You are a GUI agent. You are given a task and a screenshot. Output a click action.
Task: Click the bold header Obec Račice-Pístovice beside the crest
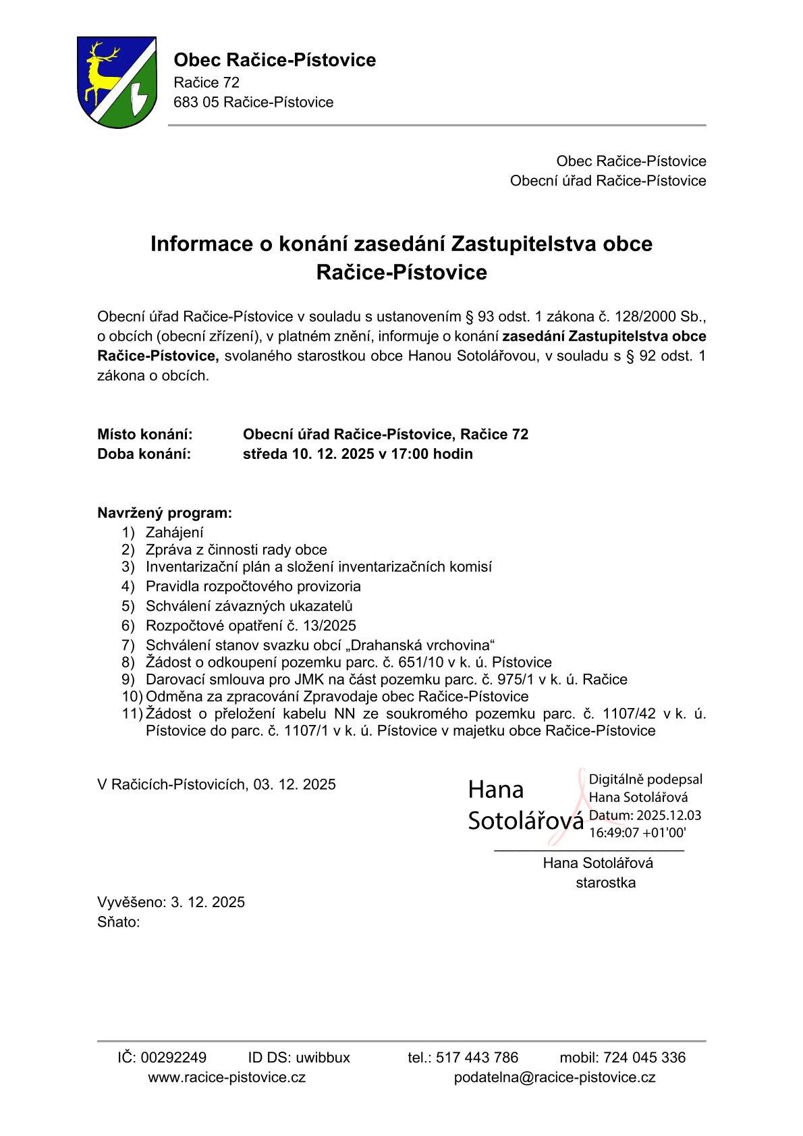[275, 60]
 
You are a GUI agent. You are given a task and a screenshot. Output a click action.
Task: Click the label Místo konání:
[145, 434]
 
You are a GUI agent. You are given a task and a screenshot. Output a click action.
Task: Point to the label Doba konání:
[144, 454]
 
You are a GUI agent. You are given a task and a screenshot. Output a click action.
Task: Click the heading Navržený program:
[165, 513]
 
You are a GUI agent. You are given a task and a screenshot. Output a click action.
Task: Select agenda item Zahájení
[174, 533]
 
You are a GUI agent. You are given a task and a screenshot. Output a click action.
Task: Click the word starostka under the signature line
[605, 882]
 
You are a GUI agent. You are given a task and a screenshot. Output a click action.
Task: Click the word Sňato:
[119, 922]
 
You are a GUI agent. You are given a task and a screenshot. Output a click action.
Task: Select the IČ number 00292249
[174, 1057]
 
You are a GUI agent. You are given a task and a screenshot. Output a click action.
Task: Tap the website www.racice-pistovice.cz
[227, 1077]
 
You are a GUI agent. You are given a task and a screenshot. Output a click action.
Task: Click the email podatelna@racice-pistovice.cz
[555, 1077]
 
